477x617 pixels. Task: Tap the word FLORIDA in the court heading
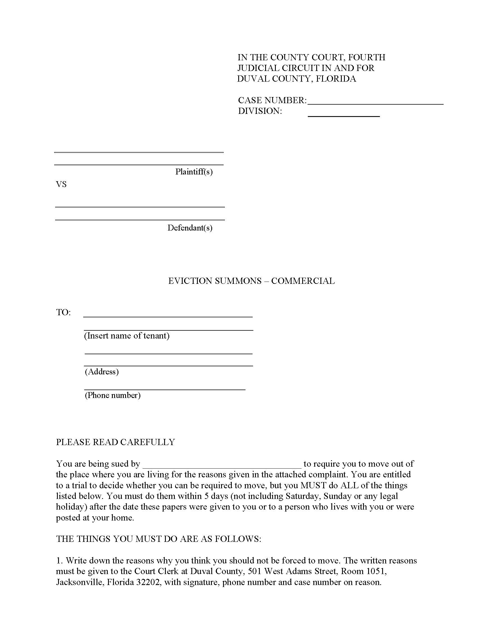tap(336, 79)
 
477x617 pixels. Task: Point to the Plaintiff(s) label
tap(194, 172)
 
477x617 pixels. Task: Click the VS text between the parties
tap(61, 185)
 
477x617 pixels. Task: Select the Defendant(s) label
tap(190, 228)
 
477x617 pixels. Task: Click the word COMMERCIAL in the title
tap(303, 281)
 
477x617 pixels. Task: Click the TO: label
tap(64, 312)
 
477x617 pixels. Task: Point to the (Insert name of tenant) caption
tap(127, 336)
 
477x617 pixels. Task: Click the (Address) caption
tap(102, 372)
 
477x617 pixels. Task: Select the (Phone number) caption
tap(113, 395)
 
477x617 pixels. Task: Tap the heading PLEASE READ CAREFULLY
tap(116, 442)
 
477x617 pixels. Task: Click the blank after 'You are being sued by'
tap(222, 464)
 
